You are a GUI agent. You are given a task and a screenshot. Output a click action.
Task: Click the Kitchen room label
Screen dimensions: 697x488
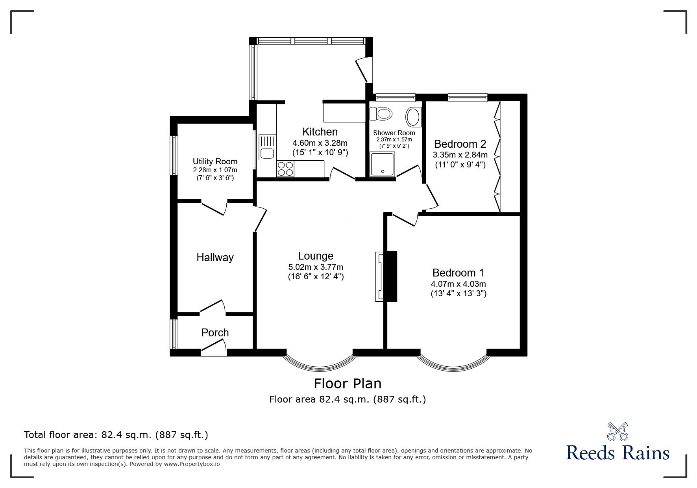click(x=320, y=132)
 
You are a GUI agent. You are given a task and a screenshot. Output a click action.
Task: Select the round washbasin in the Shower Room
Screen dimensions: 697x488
click(x=413, y=117)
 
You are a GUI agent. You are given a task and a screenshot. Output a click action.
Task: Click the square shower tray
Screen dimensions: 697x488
click(x=382, y=163)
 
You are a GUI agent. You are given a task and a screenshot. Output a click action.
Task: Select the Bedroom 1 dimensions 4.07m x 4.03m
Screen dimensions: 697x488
click(x=459, y=284)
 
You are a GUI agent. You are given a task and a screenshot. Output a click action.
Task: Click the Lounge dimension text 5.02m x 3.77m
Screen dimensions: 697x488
click(x=316, y=267)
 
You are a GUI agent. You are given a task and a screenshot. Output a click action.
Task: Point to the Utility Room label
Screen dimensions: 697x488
click(x=215, y=161)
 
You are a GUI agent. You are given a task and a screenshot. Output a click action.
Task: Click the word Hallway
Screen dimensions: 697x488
click(x=215, y=258)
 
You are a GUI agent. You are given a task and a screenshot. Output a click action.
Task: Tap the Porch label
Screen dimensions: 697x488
click(x=215, y=333)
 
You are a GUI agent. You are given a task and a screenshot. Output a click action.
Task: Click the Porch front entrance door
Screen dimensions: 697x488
click(x=214, y=348)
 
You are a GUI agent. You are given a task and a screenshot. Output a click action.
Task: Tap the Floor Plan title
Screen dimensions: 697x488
click(x=348, y=383)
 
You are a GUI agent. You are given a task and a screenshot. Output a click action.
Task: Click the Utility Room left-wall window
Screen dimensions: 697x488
click(x=174, y=155)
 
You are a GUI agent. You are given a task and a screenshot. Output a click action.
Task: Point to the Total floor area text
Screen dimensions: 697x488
click(x=116, y=435)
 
